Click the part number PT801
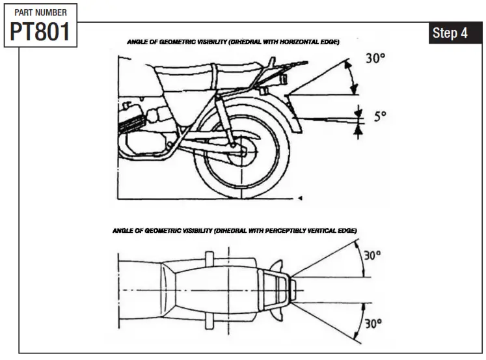point(40,31)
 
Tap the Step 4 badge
point(450,33)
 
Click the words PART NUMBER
point(40,12)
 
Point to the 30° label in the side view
point(375,58)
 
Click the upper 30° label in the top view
point(371,256)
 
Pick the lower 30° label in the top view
point(371,323)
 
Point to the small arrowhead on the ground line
point(300,196)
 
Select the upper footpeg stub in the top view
point(209,256)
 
